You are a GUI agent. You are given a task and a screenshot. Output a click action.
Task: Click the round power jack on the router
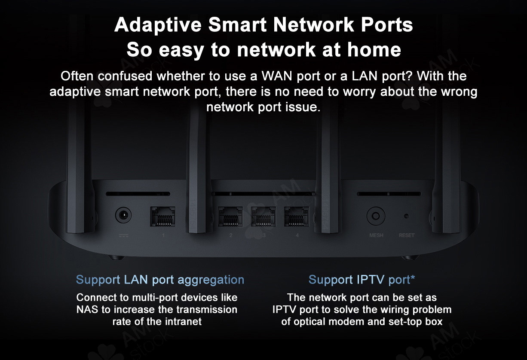pyautogui.click(x=123, y=215)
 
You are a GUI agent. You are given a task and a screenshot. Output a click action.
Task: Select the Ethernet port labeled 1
pyautogui.click(x=162, y=217)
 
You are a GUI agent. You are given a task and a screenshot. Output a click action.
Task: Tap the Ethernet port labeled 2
pyautogui.click(x=230, y=217)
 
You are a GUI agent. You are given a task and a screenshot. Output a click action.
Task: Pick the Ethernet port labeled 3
pyautogui.click(x=263, y=217)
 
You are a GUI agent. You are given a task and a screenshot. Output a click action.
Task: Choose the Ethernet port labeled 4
pyautogui.click(x=297, y=217)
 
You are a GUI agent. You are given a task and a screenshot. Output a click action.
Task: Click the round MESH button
pyautogui.click(x=376, y=216)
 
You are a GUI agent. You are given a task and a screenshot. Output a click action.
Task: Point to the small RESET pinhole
pyautogui.click(x=406, y=216)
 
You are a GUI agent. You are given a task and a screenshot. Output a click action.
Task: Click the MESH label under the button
pyautogui.click(x=376, y=235)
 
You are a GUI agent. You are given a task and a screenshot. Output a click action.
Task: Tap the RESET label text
pyautogui.click(x=407, y=235)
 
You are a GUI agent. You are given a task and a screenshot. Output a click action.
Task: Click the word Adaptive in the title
pyautogui.click(x=158, y=25)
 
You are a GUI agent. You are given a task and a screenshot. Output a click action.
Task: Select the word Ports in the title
pyautogui.click(x=387, y=24)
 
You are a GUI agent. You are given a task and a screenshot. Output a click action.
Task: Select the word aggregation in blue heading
pyautogui.click(x=211, y=280)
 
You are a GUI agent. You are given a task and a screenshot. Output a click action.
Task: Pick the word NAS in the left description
pyautogui.click(x=87, y=309)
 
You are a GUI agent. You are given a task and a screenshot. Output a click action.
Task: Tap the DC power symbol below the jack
pyautogui.click(x=123, y=235)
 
